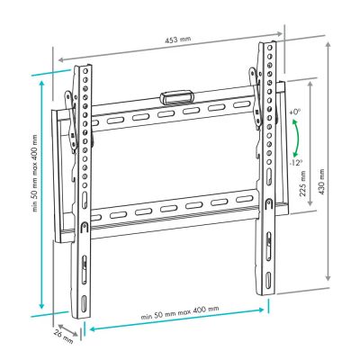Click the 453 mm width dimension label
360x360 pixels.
(x=177, y=39)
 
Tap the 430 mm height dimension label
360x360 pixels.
(x=321, y=182)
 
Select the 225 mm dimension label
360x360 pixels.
(x=302, y=184)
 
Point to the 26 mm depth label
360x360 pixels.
(x=64, y=337)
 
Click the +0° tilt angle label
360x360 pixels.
(x=295, y=112)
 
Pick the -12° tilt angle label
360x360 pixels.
(x=296, y=163)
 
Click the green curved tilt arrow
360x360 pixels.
(x=297, y=138)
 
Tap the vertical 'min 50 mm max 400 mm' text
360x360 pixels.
(x=36, y=173)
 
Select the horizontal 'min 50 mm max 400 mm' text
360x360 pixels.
(x=180, y=312)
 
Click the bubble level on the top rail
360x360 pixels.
(x=176, y=96)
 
